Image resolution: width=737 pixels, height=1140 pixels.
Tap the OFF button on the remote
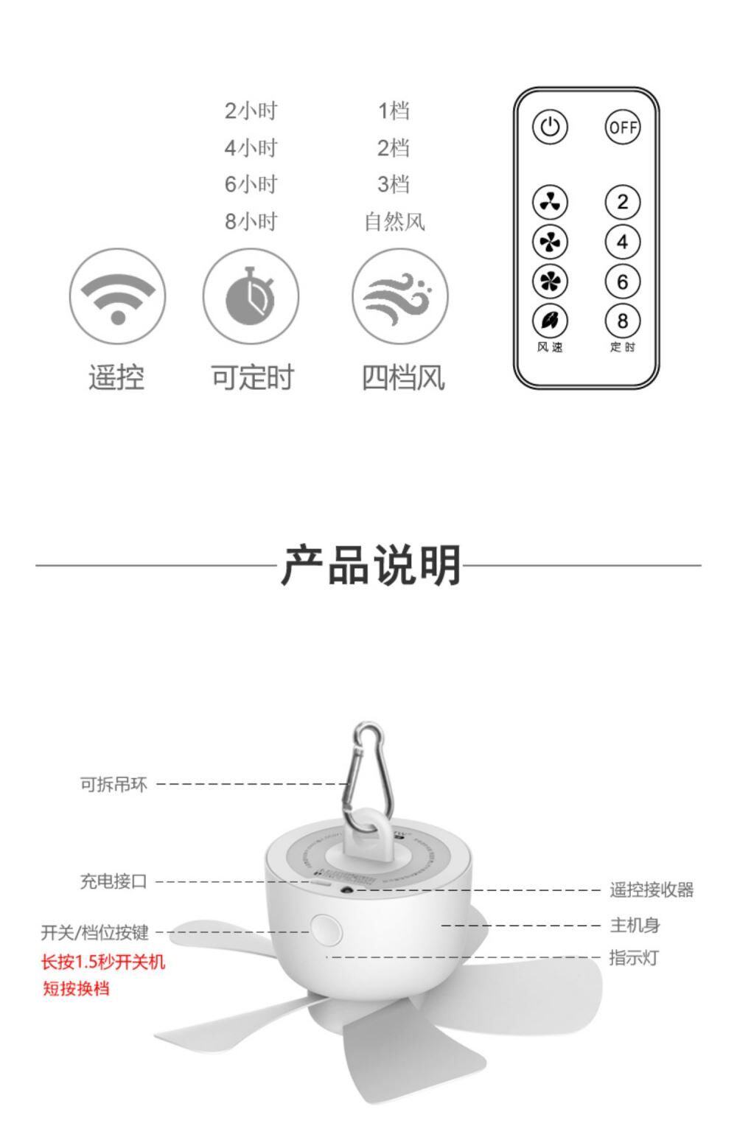click(622, 127)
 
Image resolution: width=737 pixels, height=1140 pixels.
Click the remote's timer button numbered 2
click(622, 202)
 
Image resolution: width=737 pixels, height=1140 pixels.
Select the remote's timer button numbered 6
click(622, 281)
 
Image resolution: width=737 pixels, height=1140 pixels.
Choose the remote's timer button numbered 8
click(622, 321)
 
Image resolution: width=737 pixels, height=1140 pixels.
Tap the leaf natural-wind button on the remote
click(550, 321)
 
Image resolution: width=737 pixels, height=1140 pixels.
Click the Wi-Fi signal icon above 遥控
click(118, 297)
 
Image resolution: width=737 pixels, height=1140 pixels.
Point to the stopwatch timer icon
click(251, 297)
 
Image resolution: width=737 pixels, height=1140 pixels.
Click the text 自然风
click(394, 222)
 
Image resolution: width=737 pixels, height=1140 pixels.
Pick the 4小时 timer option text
click(251, 147)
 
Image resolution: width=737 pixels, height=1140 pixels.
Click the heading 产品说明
click(371, 565)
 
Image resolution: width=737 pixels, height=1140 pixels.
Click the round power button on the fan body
click(326, 929)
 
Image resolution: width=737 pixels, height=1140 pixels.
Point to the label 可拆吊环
click(113, 784)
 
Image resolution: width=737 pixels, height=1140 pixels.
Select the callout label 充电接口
click(113, 881)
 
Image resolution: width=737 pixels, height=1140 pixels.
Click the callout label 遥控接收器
click(652, 890)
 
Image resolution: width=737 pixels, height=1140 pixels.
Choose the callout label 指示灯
click(634, 958)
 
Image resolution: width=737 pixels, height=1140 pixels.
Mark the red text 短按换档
click(76, 988)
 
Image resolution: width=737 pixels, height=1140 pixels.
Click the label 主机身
click(635, 926)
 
